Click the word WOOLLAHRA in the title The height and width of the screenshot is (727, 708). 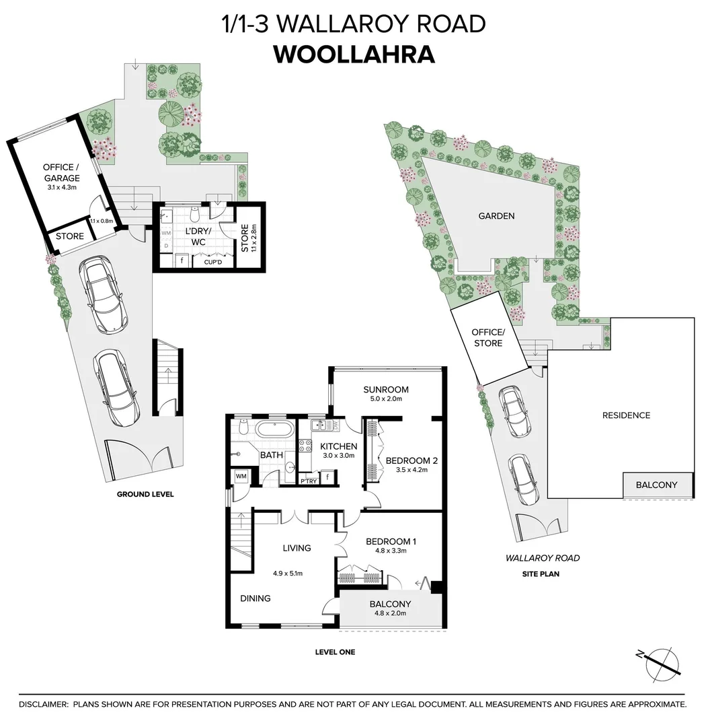pos(354,55)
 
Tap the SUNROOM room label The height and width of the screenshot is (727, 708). pos(386,390)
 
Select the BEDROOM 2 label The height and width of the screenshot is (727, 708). pos(411,461)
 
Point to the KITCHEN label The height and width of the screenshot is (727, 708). pos(338,446)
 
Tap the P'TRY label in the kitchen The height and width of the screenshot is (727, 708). pos(309,481)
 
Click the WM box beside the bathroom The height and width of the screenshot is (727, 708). pos(241,477)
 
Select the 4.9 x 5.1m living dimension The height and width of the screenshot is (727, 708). pos(288,574)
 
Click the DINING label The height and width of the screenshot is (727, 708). pos(255,598)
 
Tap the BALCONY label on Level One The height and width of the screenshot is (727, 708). pos(390,604)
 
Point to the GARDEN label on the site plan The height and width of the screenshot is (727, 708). pos(496,216)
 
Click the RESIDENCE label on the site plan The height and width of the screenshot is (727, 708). pos(626,415)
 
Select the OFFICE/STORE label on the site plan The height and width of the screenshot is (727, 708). pos(488,338)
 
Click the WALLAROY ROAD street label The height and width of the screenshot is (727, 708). pos(543,558)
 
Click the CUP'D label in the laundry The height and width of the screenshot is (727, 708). pos(213,263)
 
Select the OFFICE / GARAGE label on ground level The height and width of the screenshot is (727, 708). pos(61,172)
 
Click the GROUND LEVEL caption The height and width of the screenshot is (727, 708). pos(145,494)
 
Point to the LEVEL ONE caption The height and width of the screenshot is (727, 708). pos(335,652)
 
